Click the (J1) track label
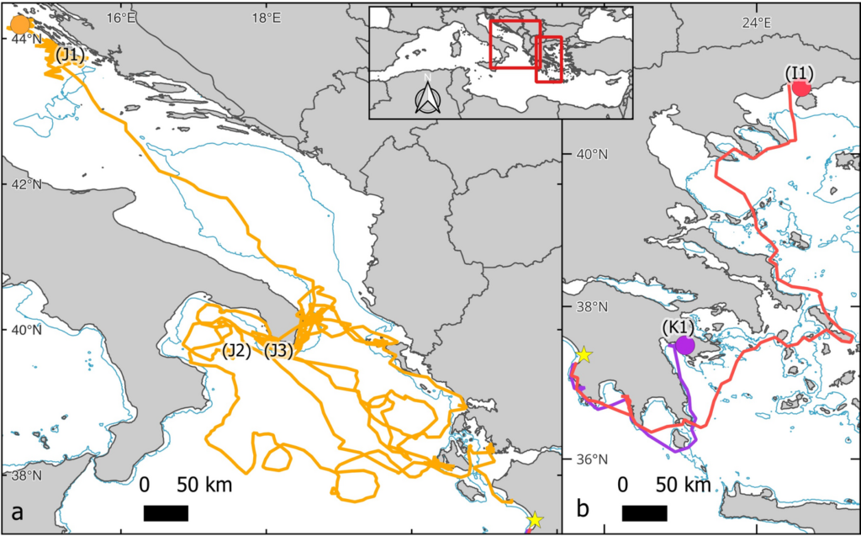[x=71, y=56]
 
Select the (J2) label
[x=237, y=351]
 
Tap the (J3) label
[x=278, y=351]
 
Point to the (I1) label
[x=798, y=72]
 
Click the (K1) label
[x=677, y=326]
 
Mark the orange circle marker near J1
[x=22, y=25]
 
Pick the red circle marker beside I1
[x=801, y=87]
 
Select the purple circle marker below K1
[x=684, y=345]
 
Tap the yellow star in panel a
[x=536, y=520]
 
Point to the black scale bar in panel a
[x=166, y=512]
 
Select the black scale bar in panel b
[x=644, y=512]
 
